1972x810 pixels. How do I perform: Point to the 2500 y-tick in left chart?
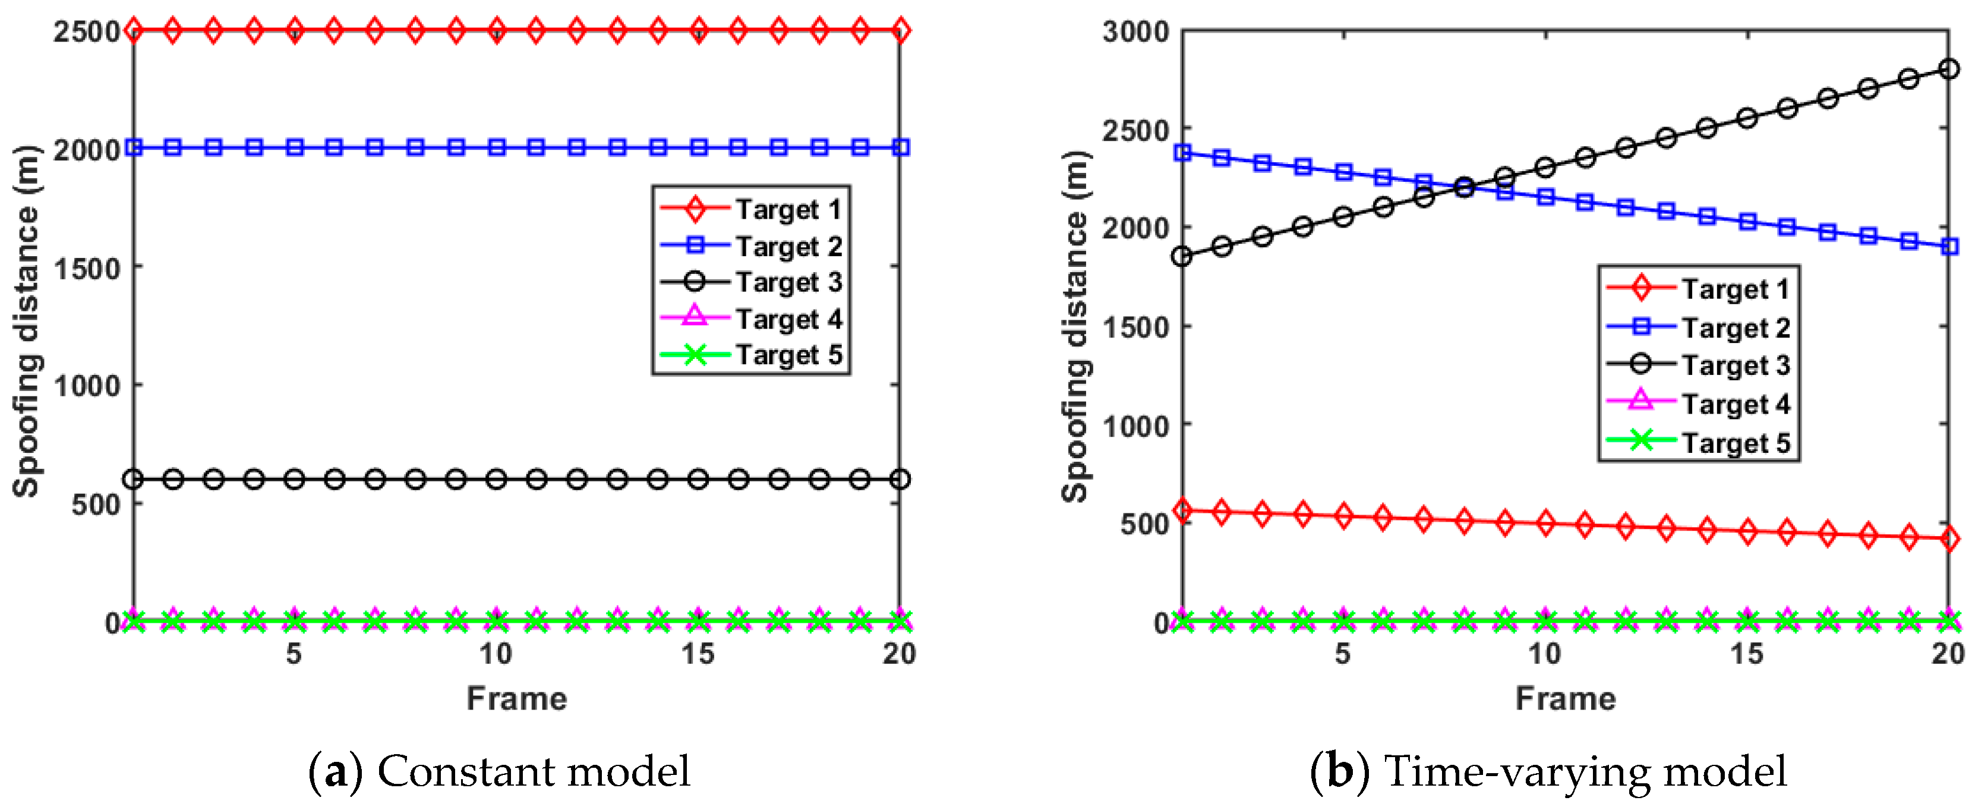point(86,32)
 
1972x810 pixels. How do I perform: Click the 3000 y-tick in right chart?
point(1136,32)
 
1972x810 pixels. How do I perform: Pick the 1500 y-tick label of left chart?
point(86,269)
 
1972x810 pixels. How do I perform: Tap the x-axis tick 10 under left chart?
point(496,654)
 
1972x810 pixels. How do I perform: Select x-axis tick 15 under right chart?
point(1747,654)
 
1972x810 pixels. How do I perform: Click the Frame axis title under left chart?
point(517,699)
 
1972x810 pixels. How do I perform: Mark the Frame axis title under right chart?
point(1566,699)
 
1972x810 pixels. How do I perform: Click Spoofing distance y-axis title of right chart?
point(1075,326)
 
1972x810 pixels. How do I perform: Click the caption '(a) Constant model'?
point(499,771)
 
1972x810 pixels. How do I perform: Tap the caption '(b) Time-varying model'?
point(1548,771)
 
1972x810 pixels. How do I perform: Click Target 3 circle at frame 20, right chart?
point(1948,70)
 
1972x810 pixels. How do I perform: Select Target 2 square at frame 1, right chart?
point(1183,153)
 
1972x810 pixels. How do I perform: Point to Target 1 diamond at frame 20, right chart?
point(1948,539)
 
